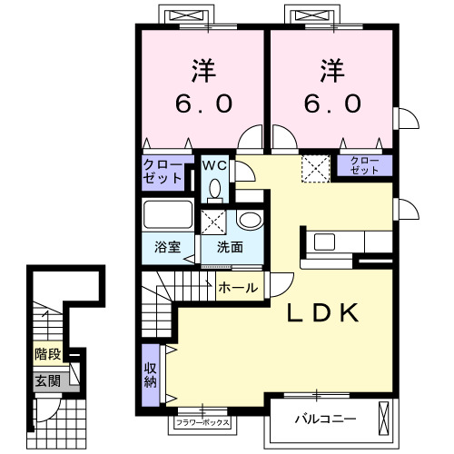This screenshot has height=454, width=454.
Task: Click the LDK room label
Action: [x=322, y=312]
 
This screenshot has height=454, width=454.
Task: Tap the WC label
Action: [x=214, y=165]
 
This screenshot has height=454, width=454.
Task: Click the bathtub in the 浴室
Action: [x=168, y=214]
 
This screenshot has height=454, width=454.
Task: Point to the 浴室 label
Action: [x=167, y=247]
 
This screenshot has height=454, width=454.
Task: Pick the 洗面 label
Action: [x=230, y=247]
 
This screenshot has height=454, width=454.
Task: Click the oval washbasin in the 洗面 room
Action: [x=250, y=220]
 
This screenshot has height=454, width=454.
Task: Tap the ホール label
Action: [x=238, y=288]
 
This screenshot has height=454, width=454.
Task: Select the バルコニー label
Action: [x=325, y=419]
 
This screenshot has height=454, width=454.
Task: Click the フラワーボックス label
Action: [x=202, y=422]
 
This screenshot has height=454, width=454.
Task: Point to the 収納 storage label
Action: [x=150, y=375]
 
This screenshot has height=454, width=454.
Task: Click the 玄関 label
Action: [x=47, y=380]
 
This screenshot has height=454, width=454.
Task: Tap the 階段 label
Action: [x=48, y=353]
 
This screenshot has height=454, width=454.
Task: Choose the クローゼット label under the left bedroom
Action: [x=163, y=172]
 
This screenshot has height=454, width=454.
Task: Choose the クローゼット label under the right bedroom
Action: [x=364, y=165]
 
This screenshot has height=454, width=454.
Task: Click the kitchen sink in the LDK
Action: [x=324, y=242]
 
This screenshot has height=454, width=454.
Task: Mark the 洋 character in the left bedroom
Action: [x=203, y=71]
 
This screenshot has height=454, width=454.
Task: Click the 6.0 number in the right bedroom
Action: [x=332, y=103]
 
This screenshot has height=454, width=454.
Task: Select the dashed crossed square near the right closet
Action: [x=315, y=169]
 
